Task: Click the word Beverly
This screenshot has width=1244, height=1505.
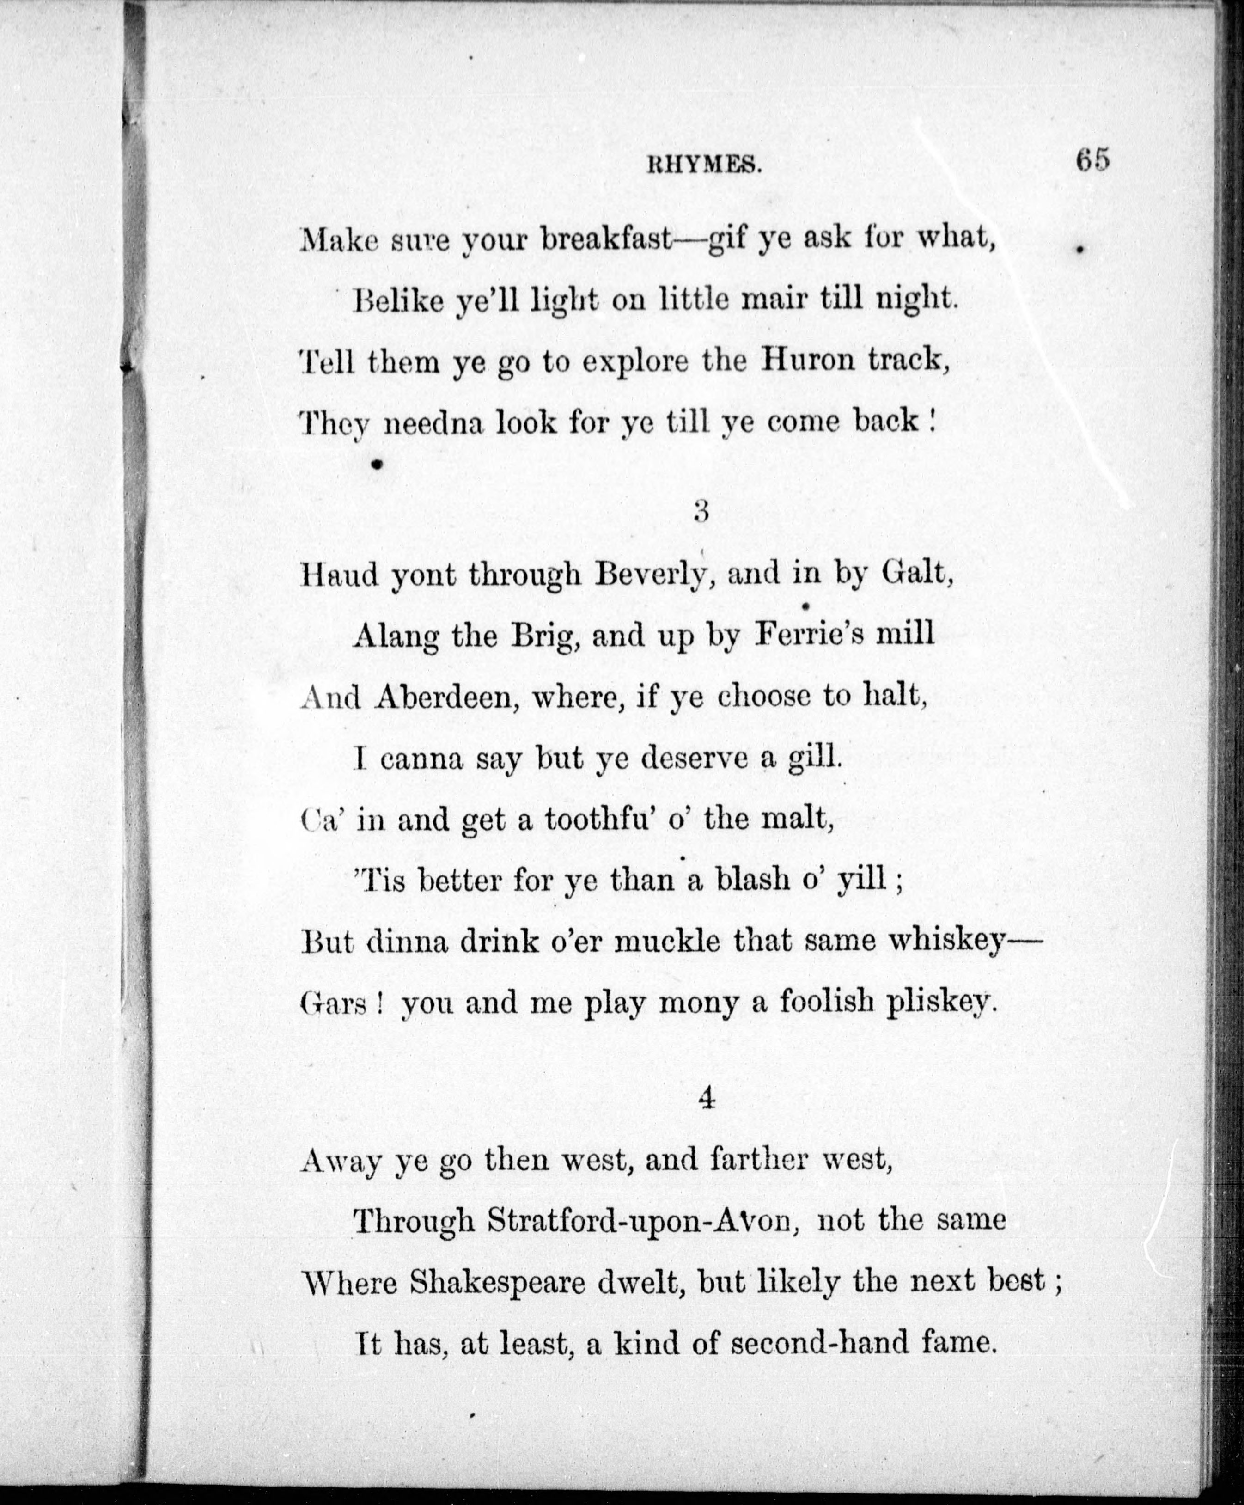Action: (653, 575)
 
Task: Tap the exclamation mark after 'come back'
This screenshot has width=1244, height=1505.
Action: (932, 420)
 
